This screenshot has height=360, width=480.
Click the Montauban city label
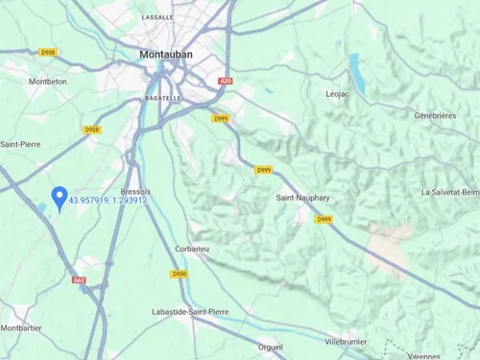[166, 55]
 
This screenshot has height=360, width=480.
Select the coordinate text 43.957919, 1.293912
[108, 200]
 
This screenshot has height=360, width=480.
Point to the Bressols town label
[137, 191]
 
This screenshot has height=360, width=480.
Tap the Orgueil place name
[271, 347]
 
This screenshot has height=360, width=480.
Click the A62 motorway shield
[79, 281]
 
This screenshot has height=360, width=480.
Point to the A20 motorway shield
[226, 82]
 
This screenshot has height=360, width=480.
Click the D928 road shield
[92, 129]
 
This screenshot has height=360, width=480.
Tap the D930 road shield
[180, 274]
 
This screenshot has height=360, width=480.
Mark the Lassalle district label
[157, 17]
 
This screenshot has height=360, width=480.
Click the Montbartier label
[21, 327]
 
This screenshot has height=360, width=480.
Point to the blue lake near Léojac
[357, 69]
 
